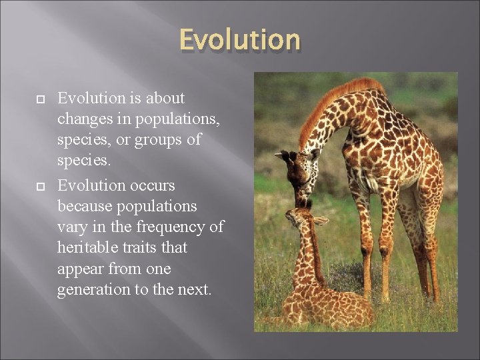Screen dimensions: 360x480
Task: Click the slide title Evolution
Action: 240,39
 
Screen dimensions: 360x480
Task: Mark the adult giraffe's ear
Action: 281,155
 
